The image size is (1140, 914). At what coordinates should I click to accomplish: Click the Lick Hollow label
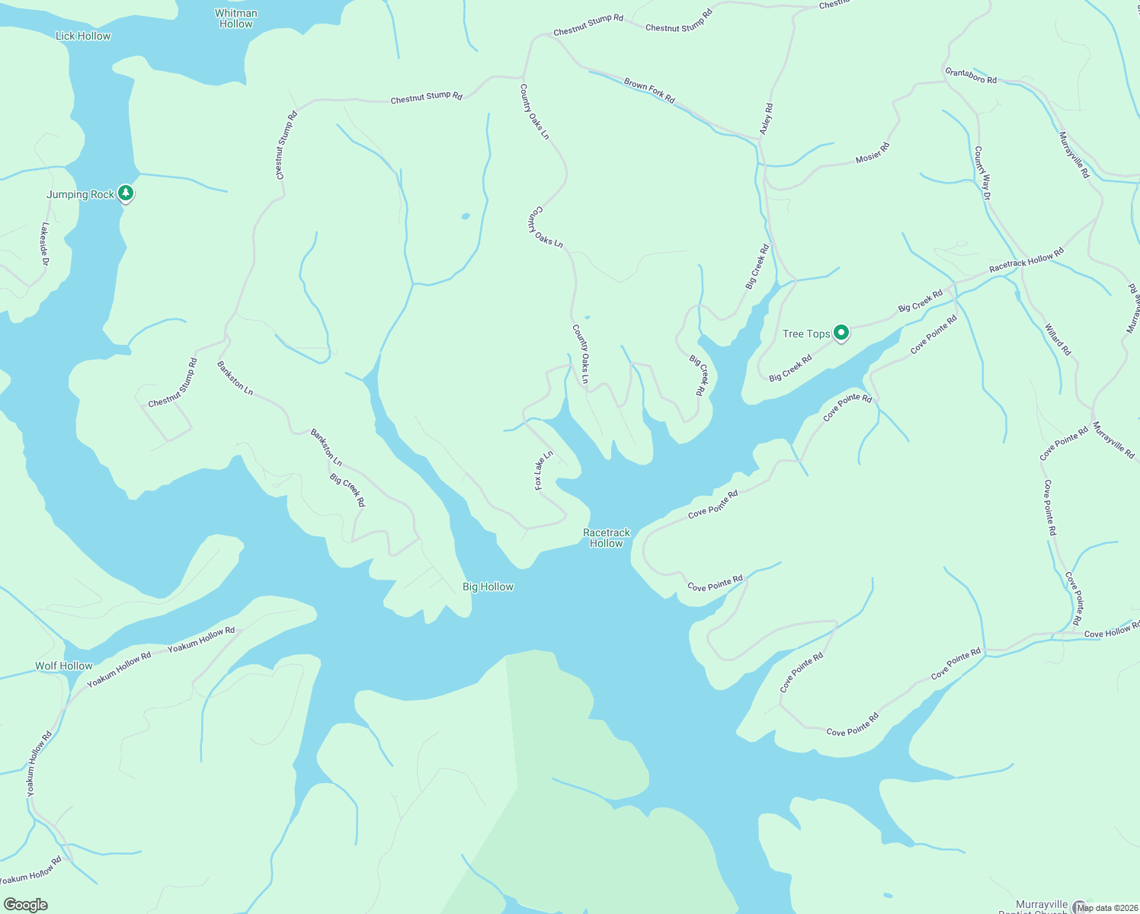83,36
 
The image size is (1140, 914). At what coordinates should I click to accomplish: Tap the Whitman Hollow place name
236,18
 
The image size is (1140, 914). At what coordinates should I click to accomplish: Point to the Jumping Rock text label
80,194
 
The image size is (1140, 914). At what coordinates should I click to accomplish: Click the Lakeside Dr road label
45,244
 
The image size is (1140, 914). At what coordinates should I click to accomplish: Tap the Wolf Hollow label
64,666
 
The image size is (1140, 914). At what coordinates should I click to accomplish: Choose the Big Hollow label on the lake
488,586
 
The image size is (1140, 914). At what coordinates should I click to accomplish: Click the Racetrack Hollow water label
607,538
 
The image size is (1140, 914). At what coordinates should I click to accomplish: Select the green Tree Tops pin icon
841,333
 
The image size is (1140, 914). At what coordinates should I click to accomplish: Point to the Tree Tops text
806,334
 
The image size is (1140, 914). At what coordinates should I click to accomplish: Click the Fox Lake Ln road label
543,471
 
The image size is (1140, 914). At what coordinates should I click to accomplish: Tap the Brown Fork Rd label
649,90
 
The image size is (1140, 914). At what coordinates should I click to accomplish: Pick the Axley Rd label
767,120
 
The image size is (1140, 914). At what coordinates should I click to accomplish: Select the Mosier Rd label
873,152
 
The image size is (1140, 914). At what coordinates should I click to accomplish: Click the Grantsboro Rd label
971,75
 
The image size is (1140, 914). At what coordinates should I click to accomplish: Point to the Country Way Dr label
982,173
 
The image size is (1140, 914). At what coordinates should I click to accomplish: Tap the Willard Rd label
1058,340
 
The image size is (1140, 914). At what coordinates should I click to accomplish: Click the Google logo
26,905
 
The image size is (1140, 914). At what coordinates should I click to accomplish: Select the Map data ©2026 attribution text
1107,908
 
